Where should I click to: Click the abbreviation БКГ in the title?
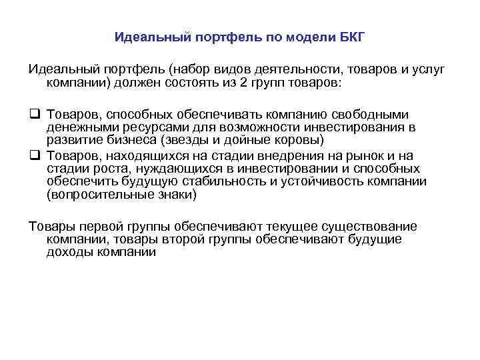(x=351, y=37)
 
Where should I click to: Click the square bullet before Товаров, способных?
(x=33, y=114)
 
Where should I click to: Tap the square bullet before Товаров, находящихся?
(x=33, y=156)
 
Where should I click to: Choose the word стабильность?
(x=222, y=182)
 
